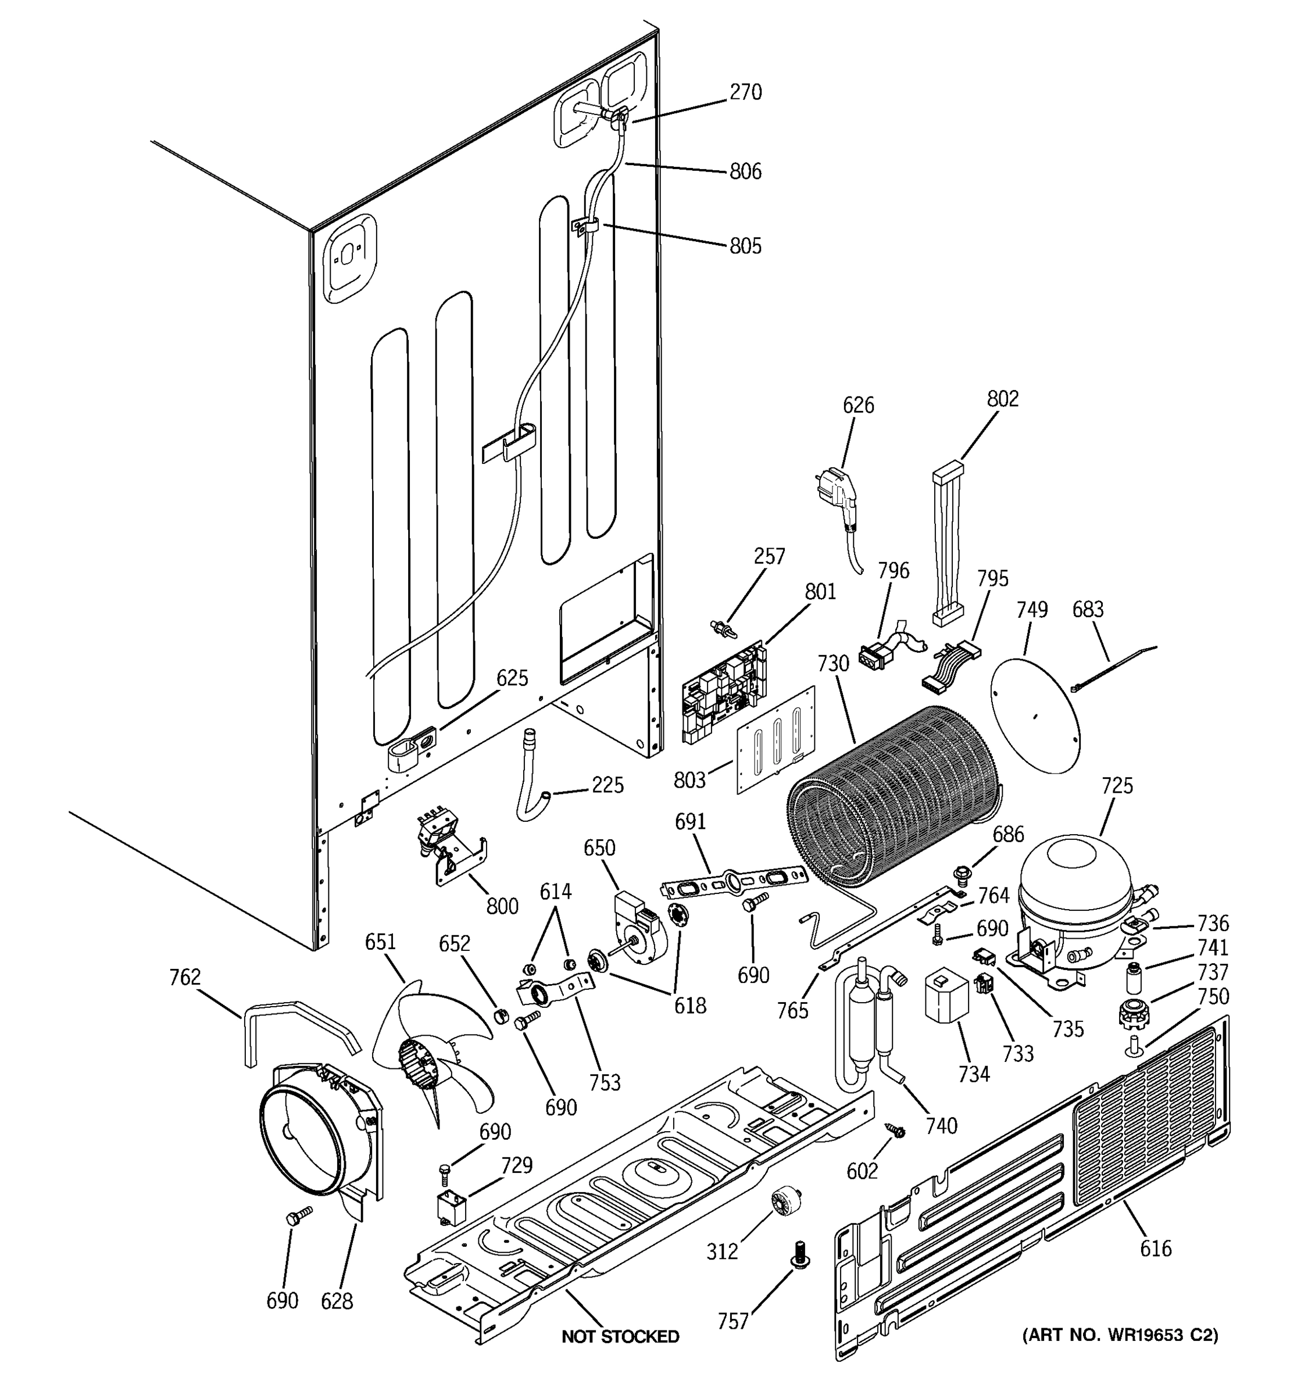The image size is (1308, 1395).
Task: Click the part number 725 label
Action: click(1116, 785)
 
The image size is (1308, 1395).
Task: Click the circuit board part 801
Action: click(723, 691)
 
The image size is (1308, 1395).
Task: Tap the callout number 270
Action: click(745, 92)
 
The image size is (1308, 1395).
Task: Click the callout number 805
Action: click(745, 246)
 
